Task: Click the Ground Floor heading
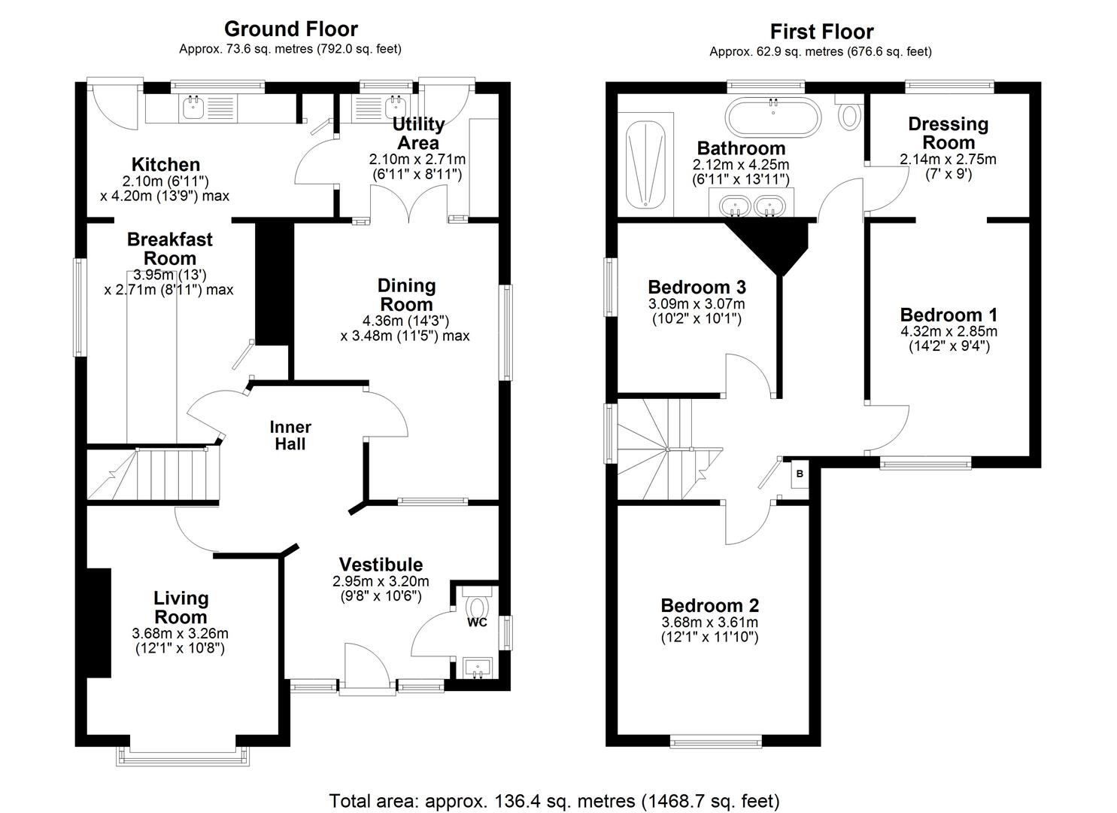tap(290, 29)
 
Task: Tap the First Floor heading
tap(821, 32)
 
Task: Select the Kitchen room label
tap(165, 165)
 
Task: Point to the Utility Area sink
tap(393, 108)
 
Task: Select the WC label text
tap(477, 623)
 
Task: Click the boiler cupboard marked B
tap(799, 474)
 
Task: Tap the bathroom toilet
tap(848, 113)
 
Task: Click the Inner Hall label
tap(290, 436)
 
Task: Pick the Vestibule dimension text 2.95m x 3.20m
tap(381, 581)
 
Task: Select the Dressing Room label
tap(948, 133)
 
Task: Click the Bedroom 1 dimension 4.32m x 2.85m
tap(949, 331)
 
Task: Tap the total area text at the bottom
tap(554, 800)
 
